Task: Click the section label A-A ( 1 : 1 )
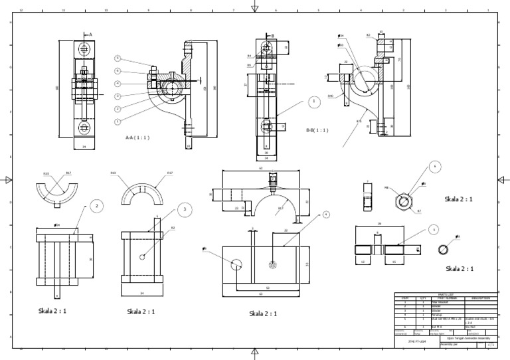[x=137, y=137]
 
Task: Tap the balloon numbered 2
[x=96, y=207]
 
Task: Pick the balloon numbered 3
[x=185, y=211]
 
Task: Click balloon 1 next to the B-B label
[x=313, y=102]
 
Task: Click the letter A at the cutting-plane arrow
[x=90, y=34]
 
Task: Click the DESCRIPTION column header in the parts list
[x=480, y=298]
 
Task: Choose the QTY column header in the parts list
[x=422, y=298]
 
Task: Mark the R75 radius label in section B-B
[x=359, y=122]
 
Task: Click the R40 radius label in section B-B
[x=330, y=96]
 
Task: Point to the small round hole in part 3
[x=143, y=257]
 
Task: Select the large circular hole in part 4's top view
[x=237, y=264]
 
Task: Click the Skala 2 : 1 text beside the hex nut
[x=460, y=199]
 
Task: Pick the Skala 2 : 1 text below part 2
[x=52, y=310]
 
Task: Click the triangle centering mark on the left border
[x=8, y=179]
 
